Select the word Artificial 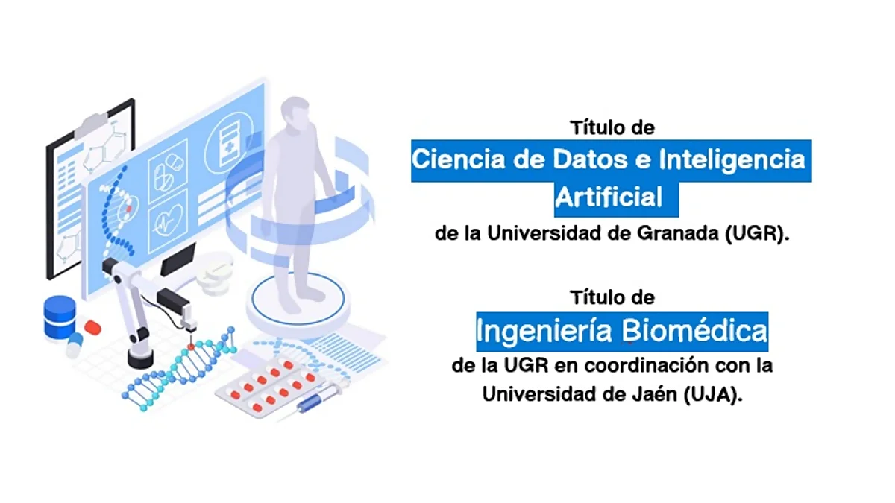[x=608, y=197]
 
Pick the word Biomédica [x=694, y=330]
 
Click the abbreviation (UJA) [x=713, y=394]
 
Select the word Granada [x=678, y=233]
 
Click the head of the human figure [x=295, y=113]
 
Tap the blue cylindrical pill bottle [x=60, y=317]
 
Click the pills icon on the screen [x=168, y=172]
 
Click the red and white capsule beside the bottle [x=92, y=327]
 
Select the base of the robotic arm [x=140, y=358]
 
